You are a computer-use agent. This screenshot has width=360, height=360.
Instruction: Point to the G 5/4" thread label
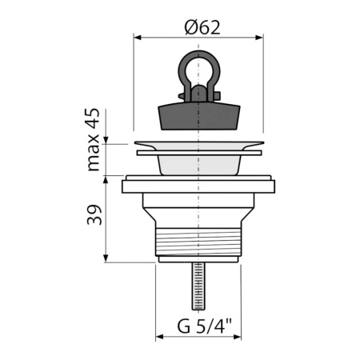[x=204, y=327]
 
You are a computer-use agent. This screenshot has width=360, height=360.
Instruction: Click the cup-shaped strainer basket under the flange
[x=196, y=165]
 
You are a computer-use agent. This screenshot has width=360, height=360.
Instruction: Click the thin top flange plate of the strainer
[x=197, y=147]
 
